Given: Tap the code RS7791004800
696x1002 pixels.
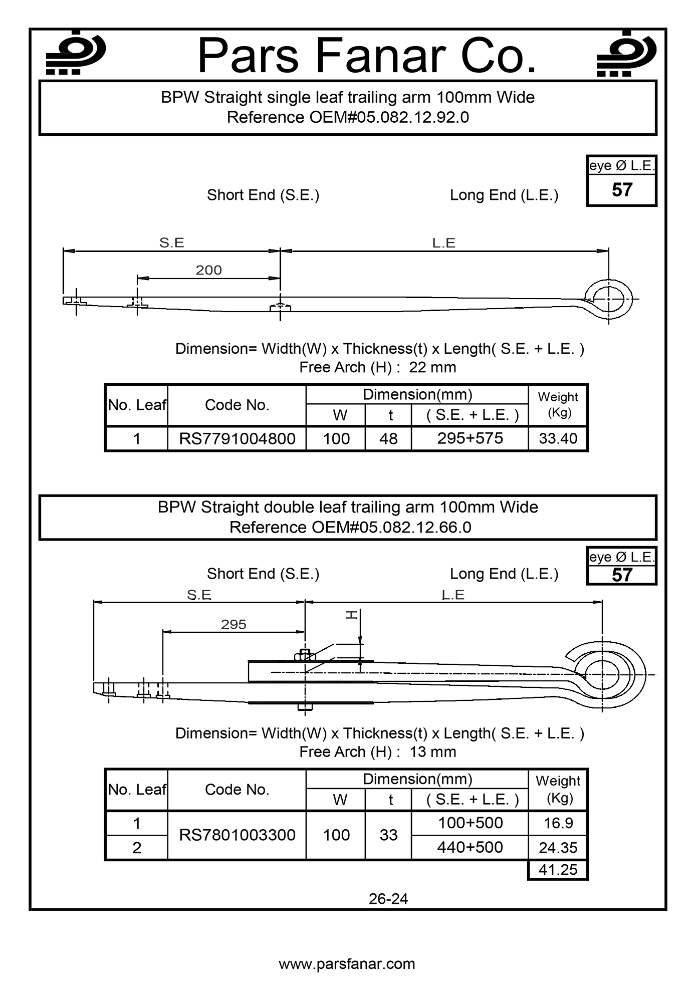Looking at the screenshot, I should click(237, 438).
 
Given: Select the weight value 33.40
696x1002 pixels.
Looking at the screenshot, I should click(558, 438).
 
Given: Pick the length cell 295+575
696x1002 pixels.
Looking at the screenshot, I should click(470, 438).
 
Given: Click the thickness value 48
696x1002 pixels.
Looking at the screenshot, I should click(388, 438).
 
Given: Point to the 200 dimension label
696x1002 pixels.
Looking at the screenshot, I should click(208, 270).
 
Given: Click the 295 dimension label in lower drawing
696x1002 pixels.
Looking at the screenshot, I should click(234, 624).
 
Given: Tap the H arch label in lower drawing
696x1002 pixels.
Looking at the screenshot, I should click(352, 615).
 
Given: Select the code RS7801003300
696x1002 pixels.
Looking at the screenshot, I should click(237, 835).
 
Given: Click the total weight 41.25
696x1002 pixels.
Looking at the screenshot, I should click(558, 869).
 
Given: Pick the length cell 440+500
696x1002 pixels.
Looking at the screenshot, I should click(470, 847).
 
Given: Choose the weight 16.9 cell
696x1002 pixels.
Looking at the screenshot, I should click(558, 823).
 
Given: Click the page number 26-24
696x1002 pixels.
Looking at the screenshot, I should click(388, 899).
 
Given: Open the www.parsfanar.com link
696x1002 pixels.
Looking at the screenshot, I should click(347, 964).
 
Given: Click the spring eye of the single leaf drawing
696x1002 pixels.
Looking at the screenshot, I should click(609, 299).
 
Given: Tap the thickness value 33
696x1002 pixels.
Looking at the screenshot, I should click(388, 835).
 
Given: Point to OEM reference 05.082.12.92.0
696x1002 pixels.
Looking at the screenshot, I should click(348, 117).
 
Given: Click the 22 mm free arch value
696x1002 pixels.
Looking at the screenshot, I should click(432, 367).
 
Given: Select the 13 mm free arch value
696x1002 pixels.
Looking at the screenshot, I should click(432, 751).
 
